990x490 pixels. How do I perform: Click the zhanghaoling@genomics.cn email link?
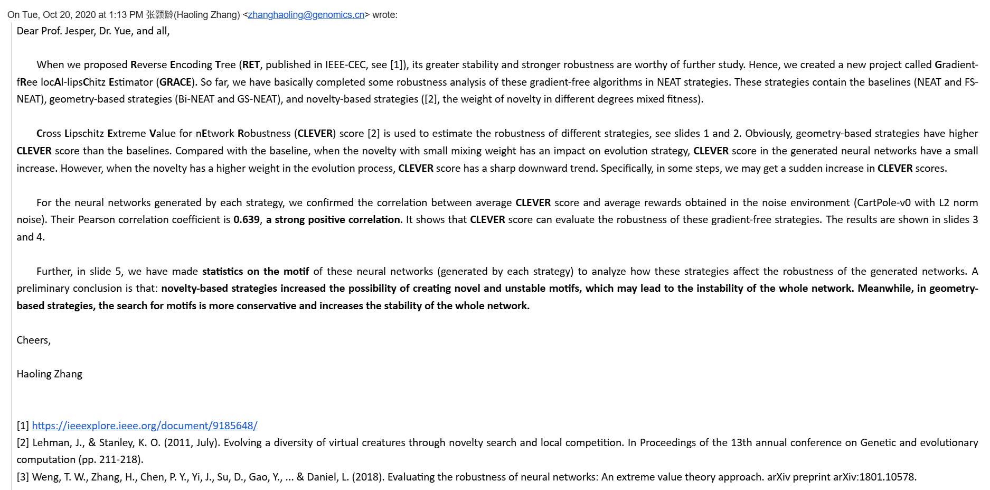(306, 15)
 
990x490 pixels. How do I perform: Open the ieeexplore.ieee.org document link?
(145, 426)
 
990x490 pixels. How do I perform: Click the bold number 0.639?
(246, 219)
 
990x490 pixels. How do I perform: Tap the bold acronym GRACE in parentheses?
(175, 82)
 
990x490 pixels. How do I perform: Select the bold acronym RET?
(251, 64)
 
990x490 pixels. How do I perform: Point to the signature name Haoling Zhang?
(50, 374)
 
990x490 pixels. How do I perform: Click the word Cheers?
(33, 340)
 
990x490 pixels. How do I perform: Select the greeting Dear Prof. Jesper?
(55, 31)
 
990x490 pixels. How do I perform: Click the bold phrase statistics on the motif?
(256, 271)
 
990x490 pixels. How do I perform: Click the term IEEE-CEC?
(345, 64)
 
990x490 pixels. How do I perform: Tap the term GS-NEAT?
(257, 99)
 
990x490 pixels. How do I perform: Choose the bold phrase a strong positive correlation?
(333, 219)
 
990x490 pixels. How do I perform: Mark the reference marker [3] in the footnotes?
(23, 477)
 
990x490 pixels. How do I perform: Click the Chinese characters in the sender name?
(159, 15)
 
